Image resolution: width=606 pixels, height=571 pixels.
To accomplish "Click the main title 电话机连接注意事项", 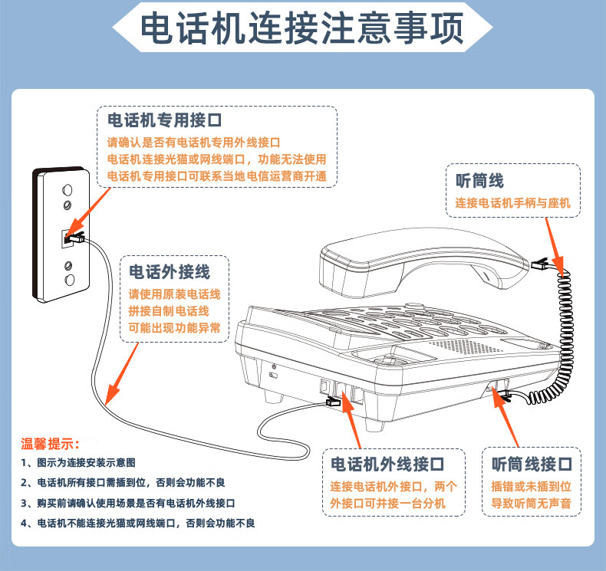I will (x=302, y=30).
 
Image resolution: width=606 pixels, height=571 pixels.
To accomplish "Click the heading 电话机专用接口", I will (x=164, y=120).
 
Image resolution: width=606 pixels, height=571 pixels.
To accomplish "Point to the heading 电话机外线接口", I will (x=387, y=465).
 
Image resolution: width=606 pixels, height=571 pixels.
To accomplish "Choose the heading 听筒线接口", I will (x=532, y=465).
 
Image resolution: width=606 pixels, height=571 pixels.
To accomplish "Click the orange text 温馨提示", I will (x=50, y=444).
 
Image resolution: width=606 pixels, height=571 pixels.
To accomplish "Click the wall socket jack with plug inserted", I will (x=70, y=238).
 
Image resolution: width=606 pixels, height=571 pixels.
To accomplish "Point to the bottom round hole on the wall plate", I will (x=70, y=281).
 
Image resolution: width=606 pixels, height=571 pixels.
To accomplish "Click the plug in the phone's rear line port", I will (x=334, y=401).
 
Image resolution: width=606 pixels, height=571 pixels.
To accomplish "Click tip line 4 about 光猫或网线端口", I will (x=138, y=523).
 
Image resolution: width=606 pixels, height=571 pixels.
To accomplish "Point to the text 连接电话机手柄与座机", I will (x=512, y=204).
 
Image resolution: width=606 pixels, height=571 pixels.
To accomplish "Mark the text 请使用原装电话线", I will (x=174, y=294).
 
